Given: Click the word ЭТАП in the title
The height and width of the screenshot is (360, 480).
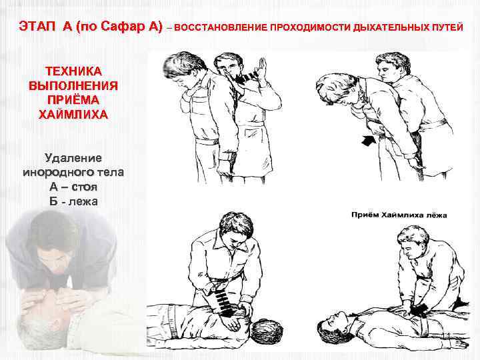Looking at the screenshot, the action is pyautogui.click(x=37, y=26).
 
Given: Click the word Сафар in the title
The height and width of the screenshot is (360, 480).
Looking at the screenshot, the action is pyautogui.click(x=119, y=26).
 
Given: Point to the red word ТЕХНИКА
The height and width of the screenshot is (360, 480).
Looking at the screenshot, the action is pyautogui.click(x=73, y=71).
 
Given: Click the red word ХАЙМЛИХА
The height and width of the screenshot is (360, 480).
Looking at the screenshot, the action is pyautogui.click(x=73, y=115).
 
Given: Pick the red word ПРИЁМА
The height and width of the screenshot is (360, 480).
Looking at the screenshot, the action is pyautogui.click(x=73, y=100).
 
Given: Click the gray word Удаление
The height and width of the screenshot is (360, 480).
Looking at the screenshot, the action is pyautogui.click(x=73, y=158).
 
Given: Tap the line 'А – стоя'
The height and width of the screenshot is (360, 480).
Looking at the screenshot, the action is pyautogui.click(x=73, y=187).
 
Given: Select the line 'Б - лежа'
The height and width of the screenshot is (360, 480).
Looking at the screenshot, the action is pyautogui.click(x=73, y=201).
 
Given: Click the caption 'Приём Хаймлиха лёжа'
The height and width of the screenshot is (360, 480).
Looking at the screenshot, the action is pyautogui.click(x=399, y=215).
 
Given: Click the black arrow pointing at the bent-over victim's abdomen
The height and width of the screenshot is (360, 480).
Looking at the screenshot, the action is pyautogui.click(x=369, y=141).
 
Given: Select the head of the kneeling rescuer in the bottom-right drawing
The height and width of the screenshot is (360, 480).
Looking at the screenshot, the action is pyautogui.click(x=413, y=241).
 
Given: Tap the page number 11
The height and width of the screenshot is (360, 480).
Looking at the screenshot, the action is pyautogui.click(x=446, y=336).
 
